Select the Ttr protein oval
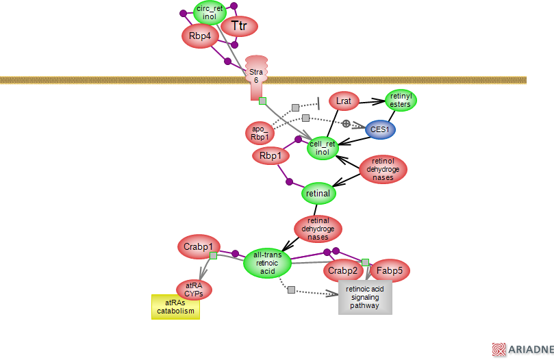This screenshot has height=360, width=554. (x=238, y=27)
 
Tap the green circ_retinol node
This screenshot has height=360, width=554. (x=210, y=12)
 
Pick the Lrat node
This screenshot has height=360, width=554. (x=344, y=101)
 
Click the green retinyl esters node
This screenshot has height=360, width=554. (x=401, y=101)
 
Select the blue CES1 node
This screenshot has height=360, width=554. (x=379, y=128)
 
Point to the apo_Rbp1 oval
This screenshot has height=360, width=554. (x=258, y=133)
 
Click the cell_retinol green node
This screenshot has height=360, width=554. (x=323, y=148)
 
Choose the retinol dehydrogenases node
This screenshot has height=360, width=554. (x=383, y=169)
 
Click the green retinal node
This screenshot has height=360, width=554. (x=318, y=194)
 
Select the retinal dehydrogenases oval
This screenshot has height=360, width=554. (x=318, y=229)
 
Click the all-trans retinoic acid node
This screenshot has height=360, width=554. (x=267, y=263)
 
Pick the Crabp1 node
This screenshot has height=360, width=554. (x=198, y=246)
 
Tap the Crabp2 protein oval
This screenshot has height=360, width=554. (x=342, y=271)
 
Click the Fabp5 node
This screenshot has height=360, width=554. (x=390, y=271)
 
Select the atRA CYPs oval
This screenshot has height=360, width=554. (x=194, y=290)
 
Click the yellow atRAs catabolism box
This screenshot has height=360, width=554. (x=175, y=307)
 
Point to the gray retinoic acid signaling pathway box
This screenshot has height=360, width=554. (x=365, y=298)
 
